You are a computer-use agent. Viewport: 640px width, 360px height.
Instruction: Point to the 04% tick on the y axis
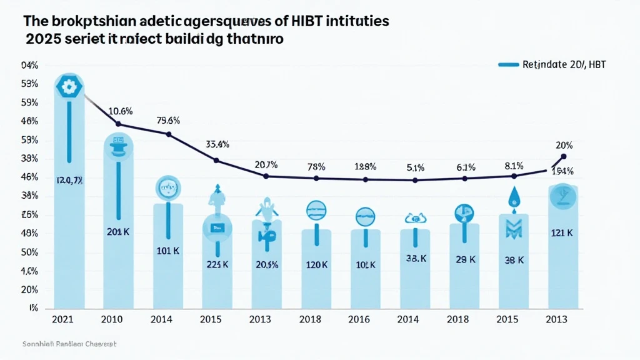tap(29, 65)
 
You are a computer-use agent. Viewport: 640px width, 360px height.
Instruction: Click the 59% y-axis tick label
tap(29, 102)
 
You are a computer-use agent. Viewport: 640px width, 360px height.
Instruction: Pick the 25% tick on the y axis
tap(29, 215)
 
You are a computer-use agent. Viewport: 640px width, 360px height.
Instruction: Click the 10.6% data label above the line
tap(120, 111)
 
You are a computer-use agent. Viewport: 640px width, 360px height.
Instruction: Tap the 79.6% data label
tap(167, 121)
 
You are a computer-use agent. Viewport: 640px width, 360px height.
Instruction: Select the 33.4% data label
tap(217, 144)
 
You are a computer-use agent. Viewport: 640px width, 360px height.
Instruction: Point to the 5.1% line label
tap(416, 167)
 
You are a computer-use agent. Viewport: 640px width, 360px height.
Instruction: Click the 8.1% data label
tap(514, 166)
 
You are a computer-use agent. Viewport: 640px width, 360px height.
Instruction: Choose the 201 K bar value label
tap(117, 232)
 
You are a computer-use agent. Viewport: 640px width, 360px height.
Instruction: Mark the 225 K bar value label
tap(217, 264)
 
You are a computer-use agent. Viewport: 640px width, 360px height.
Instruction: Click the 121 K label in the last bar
tap(562, 233)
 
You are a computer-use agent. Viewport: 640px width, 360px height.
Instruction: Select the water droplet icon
tap(513, 197)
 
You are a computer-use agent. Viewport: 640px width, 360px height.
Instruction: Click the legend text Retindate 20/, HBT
tap(563, 64)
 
